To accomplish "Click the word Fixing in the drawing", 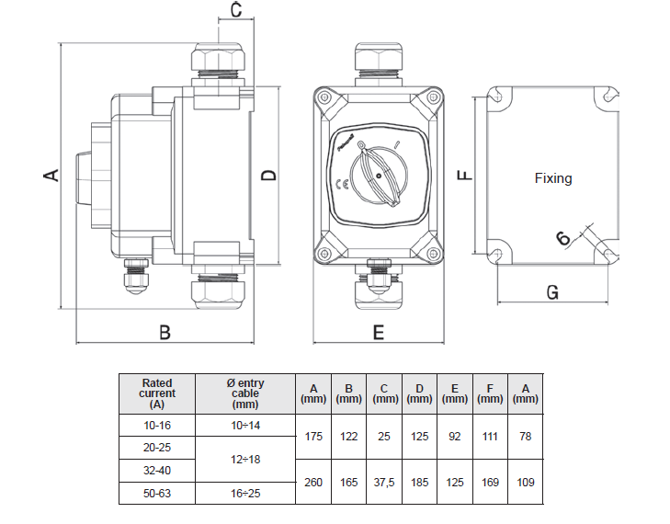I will tap(553, 178).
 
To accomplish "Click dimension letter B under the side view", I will tap(165, 333).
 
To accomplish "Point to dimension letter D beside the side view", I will tap(268, 175).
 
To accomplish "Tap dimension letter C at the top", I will tap(235, 11).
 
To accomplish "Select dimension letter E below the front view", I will tap(378, 333).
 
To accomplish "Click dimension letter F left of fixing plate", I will tap(466, 174).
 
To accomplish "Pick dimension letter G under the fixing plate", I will tap(552, 292).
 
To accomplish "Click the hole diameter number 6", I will tap(563, 238).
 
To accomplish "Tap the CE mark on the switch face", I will tap(342, 182).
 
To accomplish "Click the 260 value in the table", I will tap(313, 483).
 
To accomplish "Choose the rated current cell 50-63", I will tap(156, 494).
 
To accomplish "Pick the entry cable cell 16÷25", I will tap(244, 494).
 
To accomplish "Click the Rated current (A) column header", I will tap(156, 393).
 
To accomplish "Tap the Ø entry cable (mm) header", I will tap(244, 393).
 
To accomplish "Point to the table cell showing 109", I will tap(525, 483).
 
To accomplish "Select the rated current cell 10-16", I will tap(156, 426).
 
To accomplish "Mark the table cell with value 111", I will tap(490, 437).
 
